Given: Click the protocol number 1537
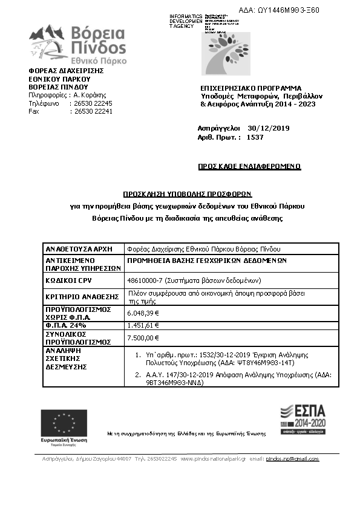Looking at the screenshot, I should [x=255, y=137].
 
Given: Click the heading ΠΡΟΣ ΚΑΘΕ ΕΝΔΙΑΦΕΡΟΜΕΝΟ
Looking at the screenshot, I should [x=249, y=166].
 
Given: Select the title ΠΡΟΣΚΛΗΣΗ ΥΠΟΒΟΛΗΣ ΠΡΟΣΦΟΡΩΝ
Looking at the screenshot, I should [x=187, y=195].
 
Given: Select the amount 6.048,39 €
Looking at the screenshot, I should [x=143, y=313].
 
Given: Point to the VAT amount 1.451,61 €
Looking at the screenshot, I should [x=143, y=325].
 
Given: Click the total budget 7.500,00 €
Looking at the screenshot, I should [x=143, y=337].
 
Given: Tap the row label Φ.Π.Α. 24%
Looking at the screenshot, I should [x=64, y=325].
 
